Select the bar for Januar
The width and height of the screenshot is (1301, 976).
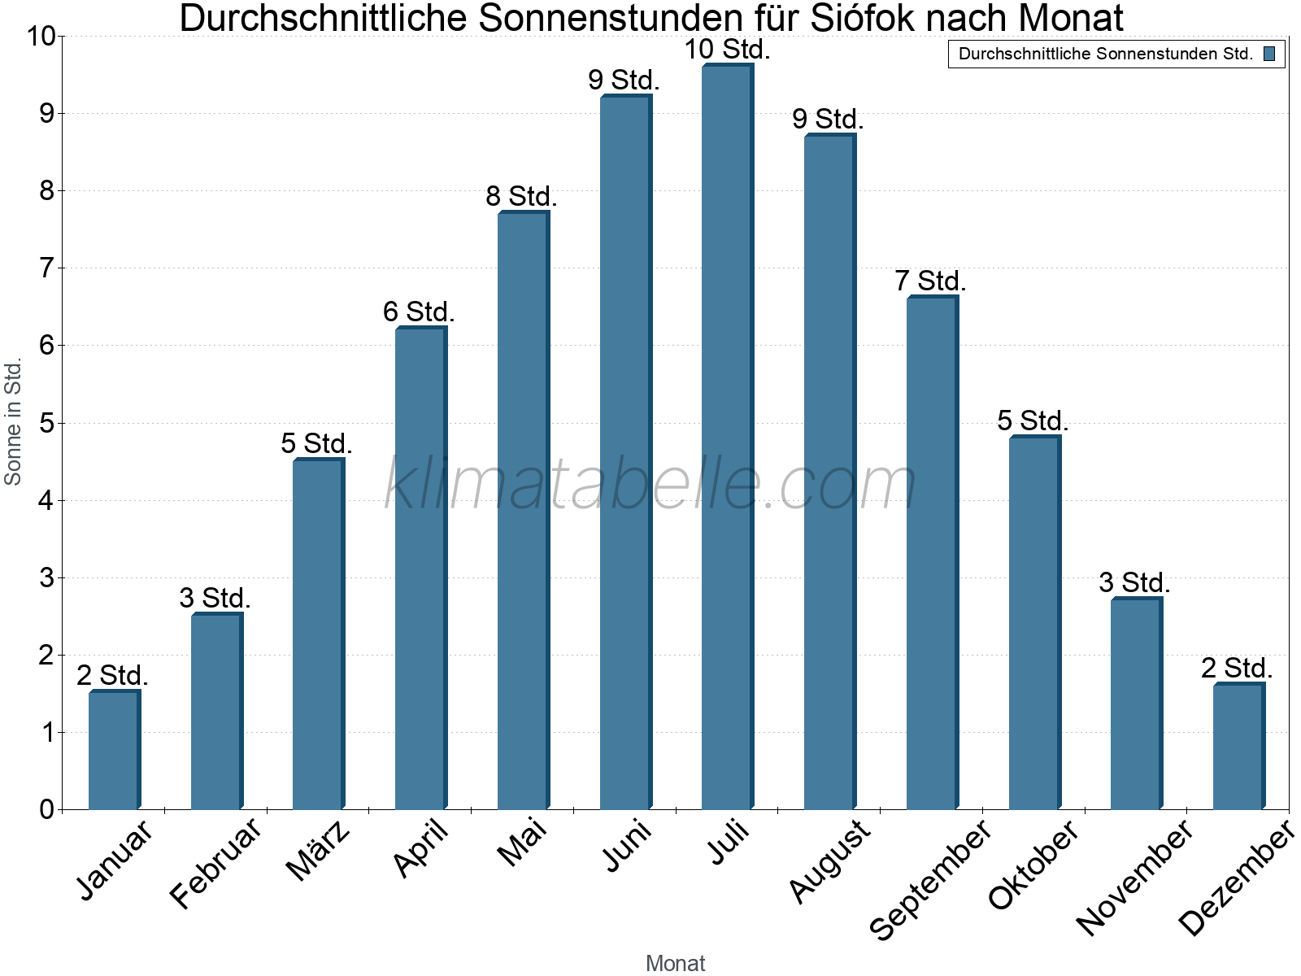(115, 749)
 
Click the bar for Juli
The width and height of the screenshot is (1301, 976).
(728, 437)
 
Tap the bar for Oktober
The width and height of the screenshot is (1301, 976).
(1034, 623)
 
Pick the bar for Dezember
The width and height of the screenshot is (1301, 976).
(1238, 746)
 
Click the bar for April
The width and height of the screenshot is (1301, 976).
(421, 569)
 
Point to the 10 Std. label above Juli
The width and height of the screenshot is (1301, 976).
(727, 50)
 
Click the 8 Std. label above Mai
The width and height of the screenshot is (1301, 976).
(521, 197)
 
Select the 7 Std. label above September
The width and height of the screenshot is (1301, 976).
(930, 281)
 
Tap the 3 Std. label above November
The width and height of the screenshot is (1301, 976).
(1134, 583)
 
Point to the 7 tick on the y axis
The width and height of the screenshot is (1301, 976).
(46, 268)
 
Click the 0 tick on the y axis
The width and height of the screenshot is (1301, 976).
(46, 809)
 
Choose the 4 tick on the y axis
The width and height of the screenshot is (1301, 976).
(46, 500)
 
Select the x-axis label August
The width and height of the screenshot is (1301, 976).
(829, 862)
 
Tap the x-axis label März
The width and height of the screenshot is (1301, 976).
(319, 852)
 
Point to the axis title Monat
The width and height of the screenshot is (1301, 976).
(675, 963)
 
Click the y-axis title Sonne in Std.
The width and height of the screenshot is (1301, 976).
(13, 422)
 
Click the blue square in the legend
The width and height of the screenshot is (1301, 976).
(1269, 54)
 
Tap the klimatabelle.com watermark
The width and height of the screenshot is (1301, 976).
(650, 484)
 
